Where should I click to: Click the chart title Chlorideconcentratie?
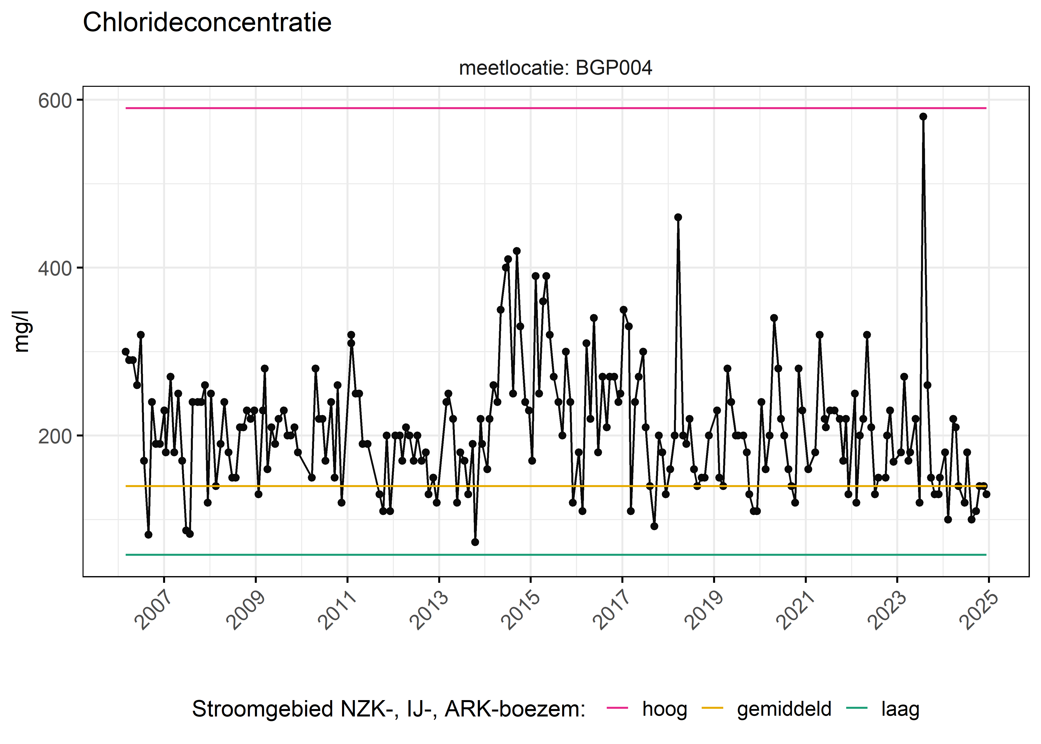pyautogui.click(x=207, y=23)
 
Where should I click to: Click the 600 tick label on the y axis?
pyautogui.click(x=55, y=101)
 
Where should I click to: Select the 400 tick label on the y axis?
pyautogui.click(x=55, y=269)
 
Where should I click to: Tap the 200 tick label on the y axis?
pyautogui.click(x=55, y=436)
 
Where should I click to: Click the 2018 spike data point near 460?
pyautogui.click(x=678, y=217)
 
